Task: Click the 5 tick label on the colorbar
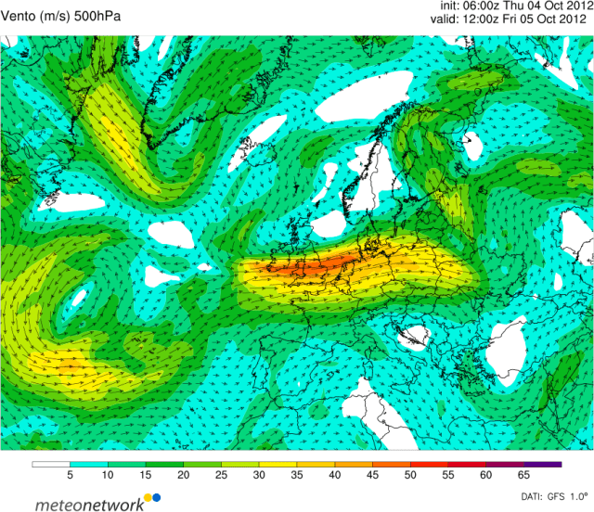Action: [70, 475]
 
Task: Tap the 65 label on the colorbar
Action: [523, 475]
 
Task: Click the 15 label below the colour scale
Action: [146, 475]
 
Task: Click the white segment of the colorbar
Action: [51, 463]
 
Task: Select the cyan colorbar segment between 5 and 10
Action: [89, 463]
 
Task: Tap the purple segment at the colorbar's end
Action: [543, 463]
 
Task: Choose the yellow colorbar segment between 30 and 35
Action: [278, 463]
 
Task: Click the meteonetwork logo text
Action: [88, 504]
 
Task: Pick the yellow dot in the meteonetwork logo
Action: [149, 498]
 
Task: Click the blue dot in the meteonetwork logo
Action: [158, 498]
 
